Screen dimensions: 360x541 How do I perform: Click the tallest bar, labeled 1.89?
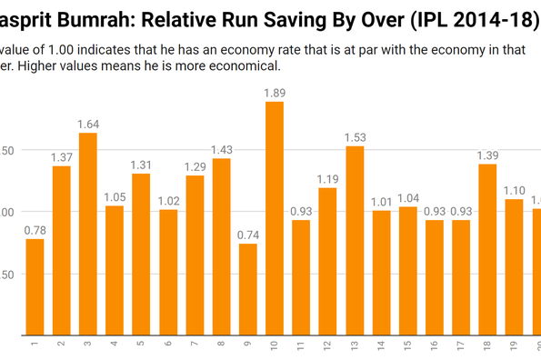[x=275, y=218]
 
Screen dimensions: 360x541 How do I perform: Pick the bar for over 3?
[x=88, y=233]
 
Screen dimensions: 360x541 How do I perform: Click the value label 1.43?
[x=221, y=150]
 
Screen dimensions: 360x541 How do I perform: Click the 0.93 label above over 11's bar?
[x=301, y=212]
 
